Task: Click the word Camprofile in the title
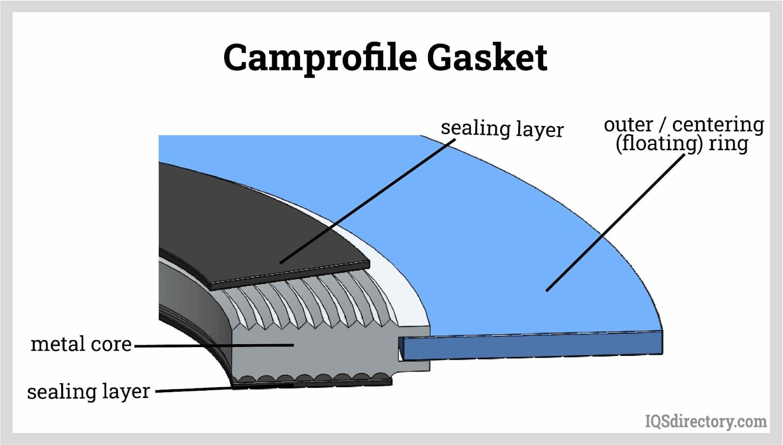(x=320, y=58)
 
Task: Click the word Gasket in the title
(x=487, y=58)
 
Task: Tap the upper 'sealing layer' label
(x=502, y=129)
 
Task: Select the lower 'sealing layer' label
(x=88, y=392)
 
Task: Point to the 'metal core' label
(x=81, y=344)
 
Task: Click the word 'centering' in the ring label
(x=718, y=125)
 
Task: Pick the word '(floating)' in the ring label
(x=659, y=144)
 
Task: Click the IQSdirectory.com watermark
(x=705, y=421)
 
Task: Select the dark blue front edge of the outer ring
(x=533, y=345)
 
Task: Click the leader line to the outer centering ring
(x=612, y=225)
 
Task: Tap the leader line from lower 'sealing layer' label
(x=196, y=390)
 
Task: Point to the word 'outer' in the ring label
(x=628, y=125)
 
